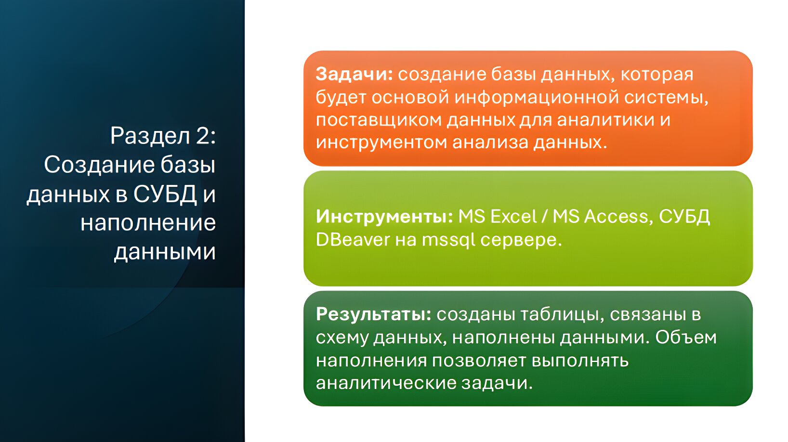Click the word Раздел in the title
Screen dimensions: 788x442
pos(150,136)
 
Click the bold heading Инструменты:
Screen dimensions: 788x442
pos(384,217)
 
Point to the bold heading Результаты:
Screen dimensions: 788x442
pos(374,315)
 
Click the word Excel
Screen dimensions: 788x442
pos(513,216)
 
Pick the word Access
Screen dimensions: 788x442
pos(617,216)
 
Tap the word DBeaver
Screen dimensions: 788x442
pos(353,239)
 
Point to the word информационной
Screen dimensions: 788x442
pos(537,97)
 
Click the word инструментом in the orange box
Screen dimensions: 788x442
pos(381,143)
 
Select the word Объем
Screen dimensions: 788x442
pos(685,337)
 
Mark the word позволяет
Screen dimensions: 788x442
pos(479,361)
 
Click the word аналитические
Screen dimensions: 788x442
pos(386,383)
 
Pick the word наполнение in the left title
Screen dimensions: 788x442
pos(148,222)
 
